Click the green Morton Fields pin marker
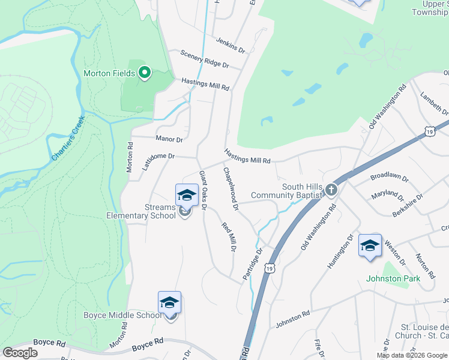pos(145,73)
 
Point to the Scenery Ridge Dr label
pos(205,59)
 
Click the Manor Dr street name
pos(169,139)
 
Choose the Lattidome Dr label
pos(158,161)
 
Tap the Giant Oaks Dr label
pos(203,190)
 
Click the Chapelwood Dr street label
pos(231,188)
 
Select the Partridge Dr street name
pos(253,264)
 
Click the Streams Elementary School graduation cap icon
pos(187,194)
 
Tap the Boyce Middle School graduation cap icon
pos(169,302)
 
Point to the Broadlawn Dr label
pos(389,178)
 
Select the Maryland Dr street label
pos(387,194)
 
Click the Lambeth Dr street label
pos(434,103)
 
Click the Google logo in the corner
pos(20,353)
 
